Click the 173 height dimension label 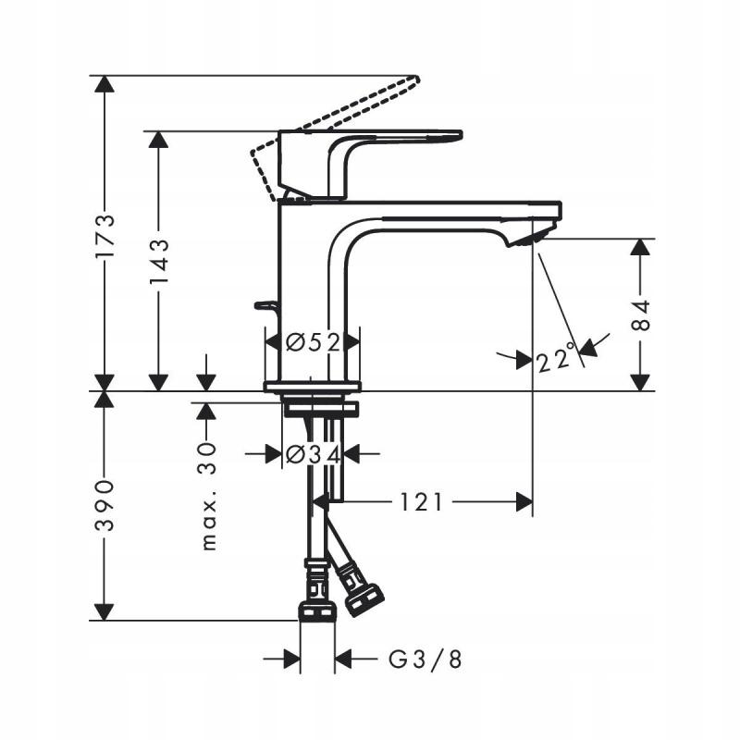(x=106, y=234)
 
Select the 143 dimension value (x=158, y=260)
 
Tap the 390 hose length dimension (x=106, y=504)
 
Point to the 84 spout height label (x=640, y=315)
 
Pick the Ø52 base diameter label (x=313, y=342)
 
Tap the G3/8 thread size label (x=424, y=660)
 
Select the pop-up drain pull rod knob (x=265, y=304)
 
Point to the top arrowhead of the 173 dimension (x=106, y=84)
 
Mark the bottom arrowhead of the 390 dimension (x=106, y=611)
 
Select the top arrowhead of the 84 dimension (x=640, y=248)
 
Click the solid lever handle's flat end (x=451, y=135)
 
